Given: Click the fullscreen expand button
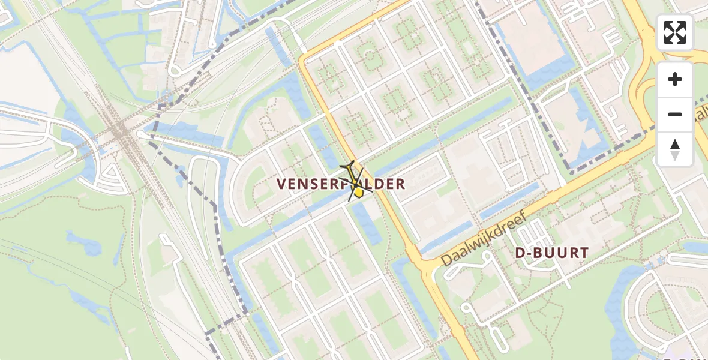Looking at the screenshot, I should click(675, 32).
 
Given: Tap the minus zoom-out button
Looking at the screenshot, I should click(675, 114).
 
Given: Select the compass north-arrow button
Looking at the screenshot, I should click(675, 149).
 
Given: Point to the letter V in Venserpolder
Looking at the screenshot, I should click(282, 184).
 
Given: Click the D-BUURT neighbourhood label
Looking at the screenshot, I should click(551, 253).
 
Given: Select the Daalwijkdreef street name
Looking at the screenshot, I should click(485, 240).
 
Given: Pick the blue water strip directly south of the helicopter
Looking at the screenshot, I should click(365, 222).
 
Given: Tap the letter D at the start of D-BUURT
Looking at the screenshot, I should click(520, 253).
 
